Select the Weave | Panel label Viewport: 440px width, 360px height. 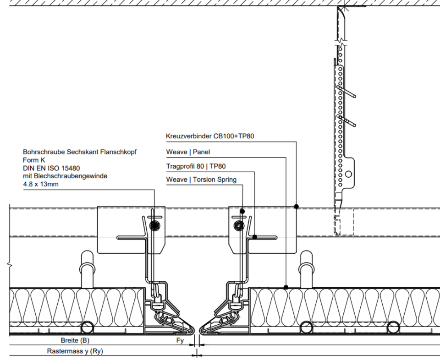point(188,152)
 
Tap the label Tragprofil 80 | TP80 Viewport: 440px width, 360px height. point(196,166)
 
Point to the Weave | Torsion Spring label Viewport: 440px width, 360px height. point(201,180)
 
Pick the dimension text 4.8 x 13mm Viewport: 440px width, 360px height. point(41,185)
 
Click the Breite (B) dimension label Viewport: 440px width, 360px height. point(75,340)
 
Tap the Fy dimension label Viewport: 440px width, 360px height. point(180,340)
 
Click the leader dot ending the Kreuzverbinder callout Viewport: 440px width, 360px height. point(297,207)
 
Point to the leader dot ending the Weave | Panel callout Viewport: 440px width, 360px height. point(286,288)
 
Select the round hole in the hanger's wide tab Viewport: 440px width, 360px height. point(348,174)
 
